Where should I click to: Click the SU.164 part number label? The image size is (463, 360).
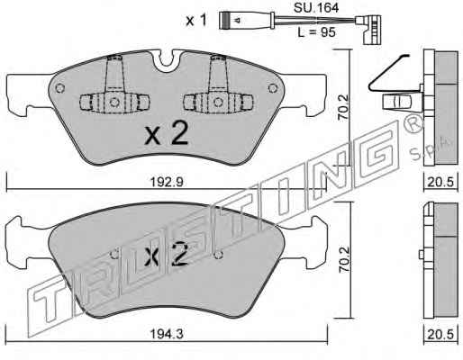click(x=316, y=8)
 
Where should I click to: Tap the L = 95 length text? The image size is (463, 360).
click(x=316, y=32)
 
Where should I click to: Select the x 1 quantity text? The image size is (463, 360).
click(x=196, y=21)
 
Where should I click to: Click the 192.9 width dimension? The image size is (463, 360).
click(x=166, y=182)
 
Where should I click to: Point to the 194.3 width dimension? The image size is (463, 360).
click(x=166, y=334)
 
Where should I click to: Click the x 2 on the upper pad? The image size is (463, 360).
click(x=167, y=133)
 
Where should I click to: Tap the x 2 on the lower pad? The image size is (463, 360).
click(x=166, y=255)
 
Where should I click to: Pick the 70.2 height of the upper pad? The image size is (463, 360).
click(x=343, y=107)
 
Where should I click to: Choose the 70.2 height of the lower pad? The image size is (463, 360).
click(x=343, y=259)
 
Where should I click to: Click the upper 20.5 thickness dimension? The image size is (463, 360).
click(x=440, y=182)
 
